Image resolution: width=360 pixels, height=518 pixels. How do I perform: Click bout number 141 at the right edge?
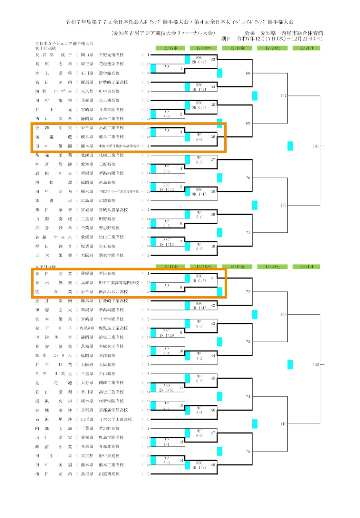click(316, 146)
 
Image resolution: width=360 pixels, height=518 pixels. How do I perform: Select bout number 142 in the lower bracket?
click(316, 365)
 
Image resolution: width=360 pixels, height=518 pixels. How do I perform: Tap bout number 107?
click(283, 96)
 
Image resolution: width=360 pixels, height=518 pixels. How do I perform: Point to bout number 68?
click(248, 73)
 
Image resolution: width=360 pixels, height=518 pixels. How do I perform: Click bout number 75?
click(248, 451)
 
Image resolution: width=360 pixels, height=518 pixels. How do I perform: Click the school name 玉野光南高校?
click(111, 55)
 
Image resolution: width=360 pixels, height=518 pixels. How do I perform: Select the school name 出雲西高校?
click(109, 474)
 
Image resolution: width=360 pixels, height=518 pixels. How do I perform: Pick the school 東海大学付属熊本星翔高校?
click(119, 146)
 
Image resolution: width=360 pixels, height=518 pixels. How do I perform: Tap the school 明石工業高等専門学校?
click(119, 283)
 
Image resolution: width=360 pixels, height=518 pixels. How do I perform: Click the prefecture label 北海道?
click(87, 155)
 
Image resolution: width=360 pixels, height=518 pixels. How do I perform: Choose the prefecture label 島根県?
click(87, 474)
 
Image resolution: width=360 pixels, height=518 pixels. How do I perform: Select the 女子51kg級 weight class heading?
click(45, 267)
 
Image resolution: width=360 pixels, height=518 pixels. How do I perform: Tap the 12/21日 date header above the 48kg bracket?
click(306, 48)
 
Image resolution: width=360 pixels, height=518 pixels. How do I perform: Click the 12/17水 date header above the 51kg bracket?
click(170, 267)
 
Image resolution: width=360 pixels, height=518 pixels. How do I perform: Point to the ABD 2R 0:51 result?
click(166, 388)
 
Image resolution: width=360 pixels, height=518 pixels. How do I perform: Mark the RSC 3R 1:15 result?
click(199, 192)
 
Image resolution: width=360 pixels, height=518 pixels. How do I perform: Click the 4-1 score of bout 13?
click(166, 445)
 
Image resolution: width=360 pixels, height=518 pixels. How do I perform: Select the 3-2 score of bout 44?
click(199, 358)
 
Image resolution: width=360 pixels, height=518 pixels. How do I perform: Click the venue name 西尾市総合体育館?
click(302, 33)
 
